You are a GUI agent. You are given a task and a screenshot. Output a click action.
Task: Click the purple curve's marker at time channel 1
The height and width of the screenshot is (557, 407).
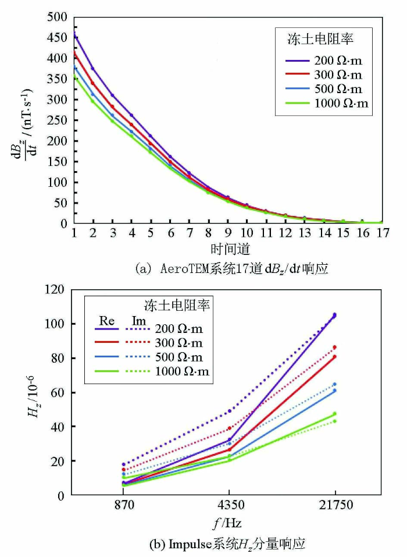74,36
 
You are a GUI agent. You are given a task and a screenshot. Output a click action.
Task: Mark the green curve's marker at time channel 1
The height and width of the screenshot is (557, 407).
74,77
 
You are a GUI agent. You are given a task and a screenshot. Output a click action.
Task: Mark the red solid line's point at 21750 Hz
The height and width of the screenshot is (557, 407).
334,356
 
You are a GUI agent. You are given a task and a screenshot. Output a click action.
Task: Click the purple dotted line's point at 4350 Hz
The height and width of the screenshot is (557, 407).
229,411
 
